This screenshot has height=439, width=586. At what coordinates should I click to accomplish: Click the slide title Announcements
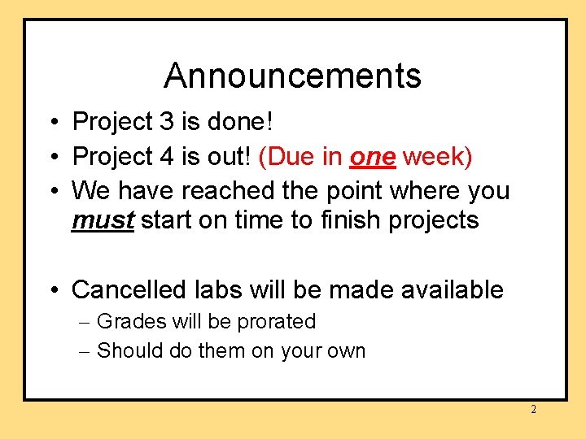(x=292, y=76)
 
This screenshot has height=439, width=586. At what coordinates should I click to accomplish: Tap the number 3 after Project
(x=167, y=122)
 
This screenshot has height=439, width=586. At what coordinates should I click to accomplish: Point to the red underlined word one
(x=372, y=157)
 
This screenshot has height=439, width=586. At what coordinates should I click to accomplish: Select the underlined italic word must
(x=103, y=220)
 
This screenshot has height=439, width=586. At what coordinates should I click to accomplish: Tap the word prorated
(x=276, y=322)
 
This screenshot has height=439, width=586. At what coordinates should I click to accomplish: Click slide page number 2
(x=533, y=410)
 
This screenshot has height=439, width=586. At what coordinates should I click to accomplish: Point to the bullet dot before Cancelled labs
(x=51, y=290)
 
